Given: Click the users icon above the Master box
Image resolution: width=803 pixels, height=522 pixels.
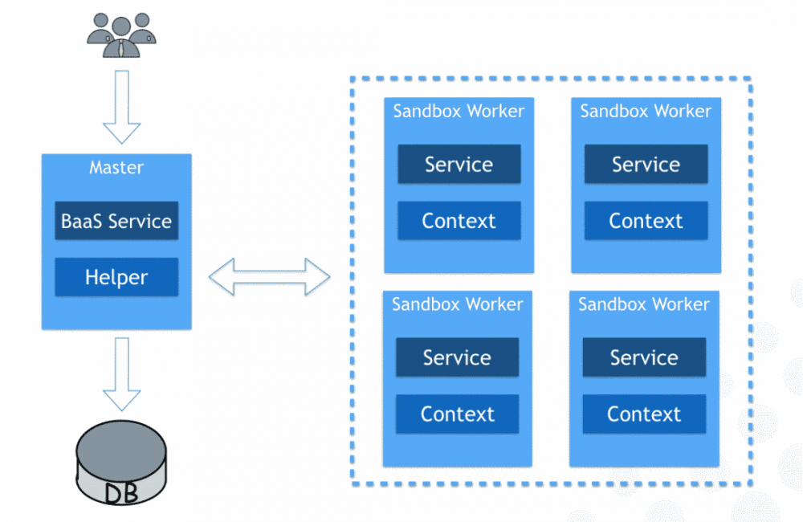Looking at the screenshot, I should pyautogui.click(x=121, y=34).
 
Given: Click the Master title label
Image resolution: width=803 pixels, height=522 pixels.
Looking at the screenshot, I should pyautogui.click(x=116, y=168).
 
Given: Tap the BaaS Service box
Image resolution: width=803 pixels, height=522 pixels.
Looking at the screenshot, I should pyautogui.click(x=116, y=221).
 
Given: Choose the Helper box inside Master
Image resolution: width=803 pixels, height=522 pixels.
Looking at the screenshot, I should pyautogui.click(x=116, y=277).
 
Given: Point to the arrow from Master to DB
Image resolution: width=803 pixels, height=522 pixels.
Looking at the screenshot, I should pyautogui.click(x=121, y=373).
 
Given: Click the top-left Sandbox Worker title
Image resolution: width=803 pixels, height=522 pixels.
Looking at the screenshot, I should pyautogui.click(x=459, y=111).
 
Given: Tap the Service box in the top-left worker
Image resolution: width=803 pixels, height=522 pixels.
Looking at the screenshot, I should pyautogui.click(x=459, y=165).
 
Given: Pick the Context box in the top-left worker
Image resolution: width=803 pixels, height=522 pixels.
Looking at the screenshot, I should pyautogui.click(x=459, y=221).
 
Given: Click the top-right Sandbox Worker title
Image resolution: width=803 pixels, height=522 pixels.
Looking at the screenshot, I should pyautogui.click(x=646, y=111).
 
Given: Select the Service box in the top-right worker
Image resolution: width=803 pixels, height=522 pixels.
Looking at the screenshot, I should pyautogui.click(x=646, y=165).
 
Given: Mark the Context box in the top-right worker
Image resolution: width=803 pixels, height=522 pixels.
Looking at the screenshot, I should pyautogui.click(x=646, y=221).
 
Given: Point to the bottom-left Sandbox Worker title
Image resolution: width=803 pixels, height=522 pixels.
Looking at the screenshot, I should pyautogui.click(x=457, y=304).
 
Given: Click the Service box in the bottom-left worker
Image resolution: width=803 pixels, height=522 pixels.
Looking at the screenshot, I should pyautogui.click(x=457, y=357).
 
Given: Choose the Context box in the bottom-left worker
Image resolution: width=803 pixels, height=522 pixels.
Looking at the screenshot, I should pyautogui.click(x=457, y=414).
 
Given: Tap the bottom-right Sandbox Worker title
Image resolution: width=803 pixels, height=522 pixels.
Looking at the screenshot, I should pyautogui.click(x=644, y=304).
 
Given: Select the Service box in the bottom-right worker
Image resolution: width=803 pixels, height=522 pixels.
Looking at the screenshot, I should pyautogui.click(x=644, y=357).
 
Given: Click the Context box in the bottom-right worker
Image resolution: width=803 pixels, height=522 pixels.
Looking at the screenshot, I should pyautogui.click(x=644, y=414).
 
